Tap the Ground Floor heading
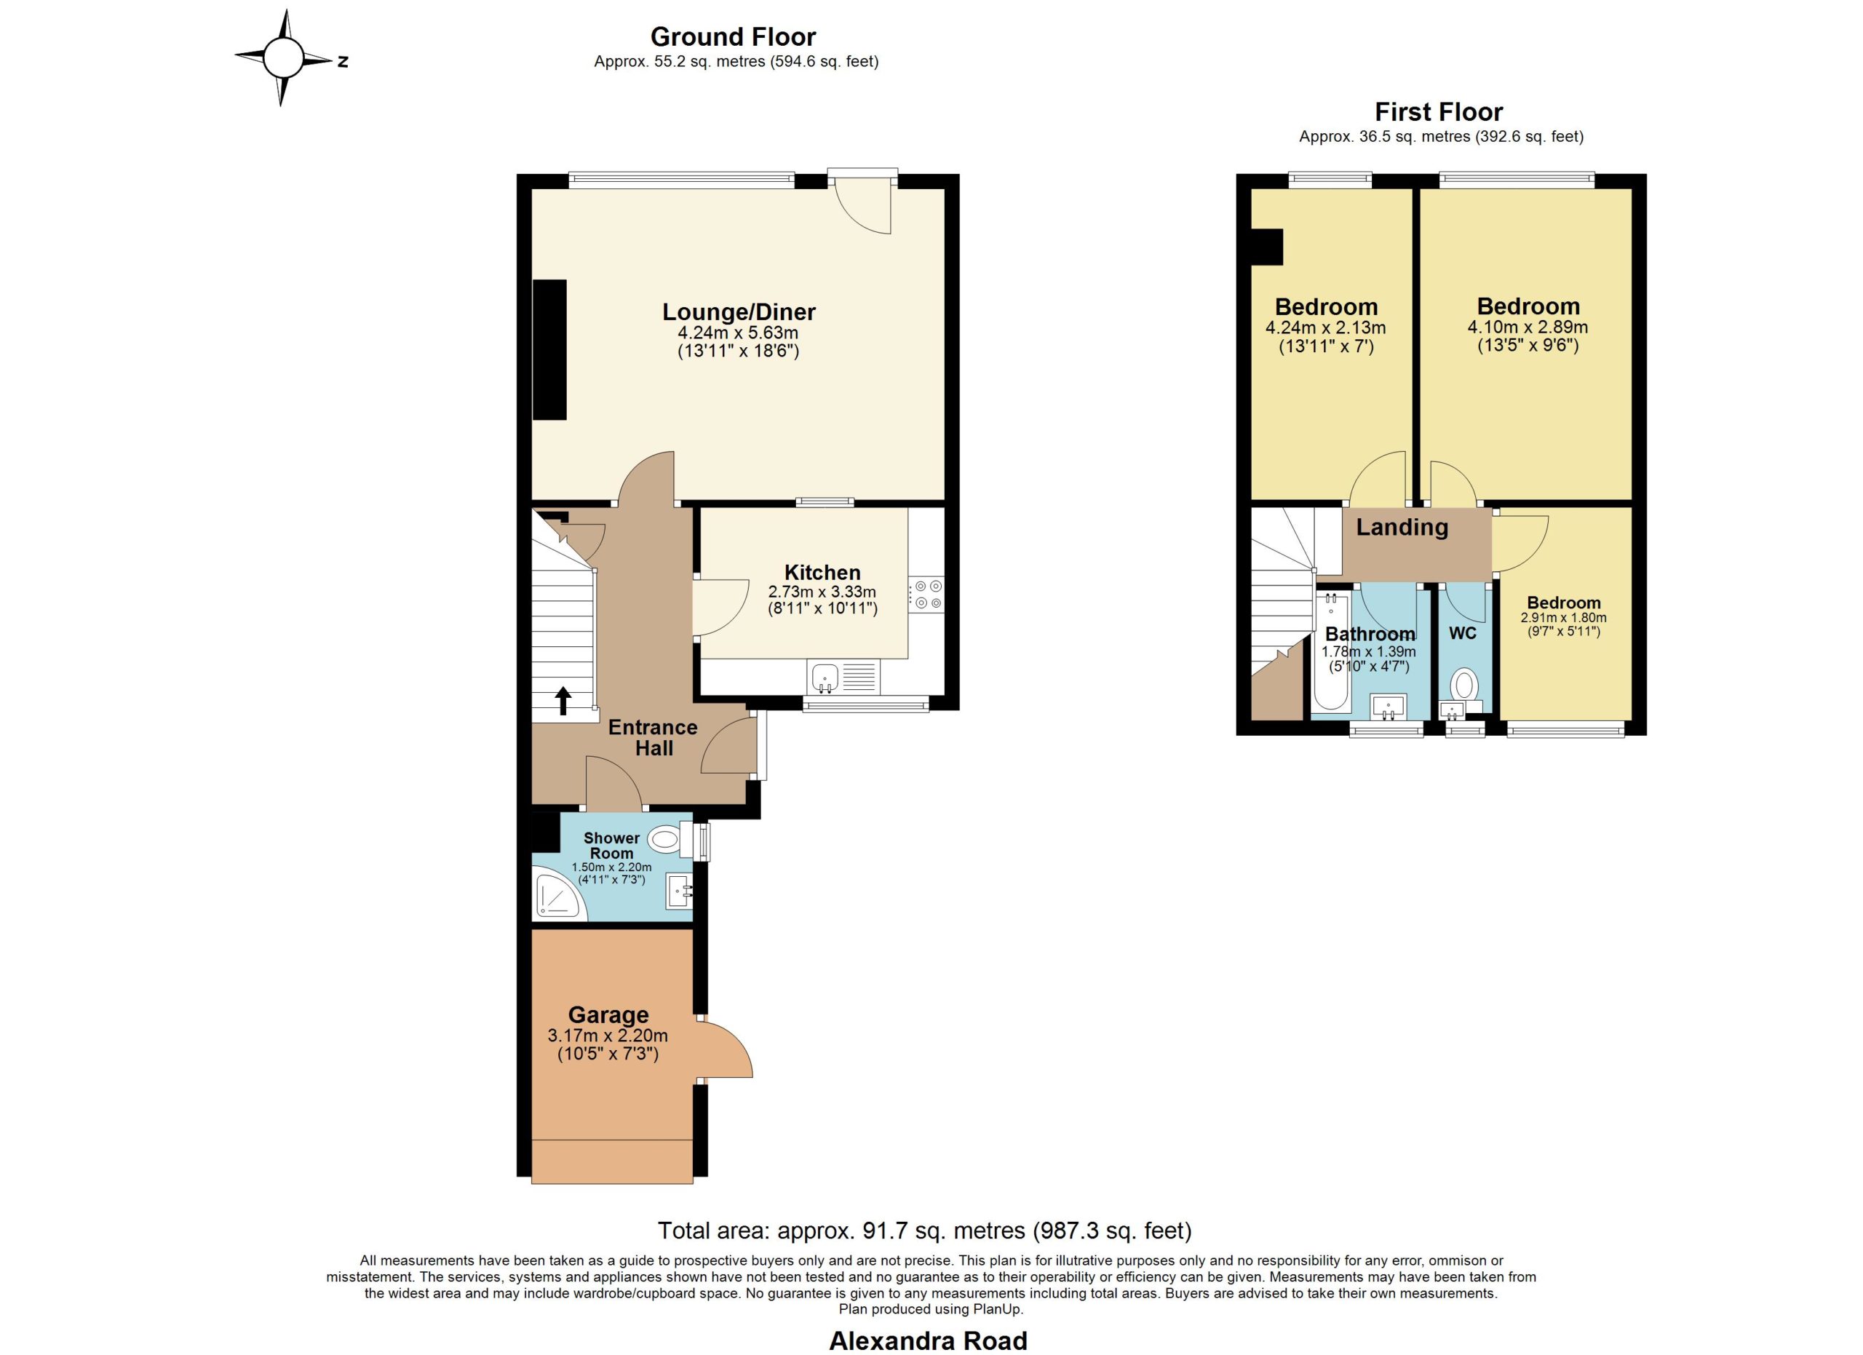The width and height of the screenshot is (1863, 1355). [x=733, y=37]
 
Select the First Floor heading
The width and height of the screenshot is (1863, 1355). [x=1439, y=111]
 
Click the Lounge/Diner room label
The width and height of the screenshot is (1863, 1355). [x=739, y=312]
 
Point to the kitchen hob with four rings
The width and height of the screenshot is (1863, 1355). [x=926, y=595]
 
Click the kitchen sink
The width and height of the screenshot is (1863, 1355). [x=825, y=677]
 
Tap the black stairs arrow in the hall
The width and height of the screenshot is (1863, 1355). [x=563, y=701]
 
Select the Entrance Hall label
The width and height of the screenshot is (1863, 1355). [x=653, y=737]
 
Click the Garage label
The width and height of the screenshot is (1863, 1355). [x=608, y=1015]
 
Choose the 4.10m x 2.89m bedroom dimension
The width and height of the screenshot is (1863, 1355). [x=1528, y=327]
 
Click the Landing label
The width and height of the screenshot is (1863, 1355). [x=1402, y=527]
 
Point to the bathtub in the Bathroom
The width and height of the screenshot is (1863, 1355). [x=1332, y=652]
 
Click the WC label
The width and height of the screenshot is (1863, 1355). [x=1463, y=633]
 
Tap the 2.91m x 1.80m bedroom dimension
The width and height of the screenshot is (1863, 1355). [x=1564, y=618]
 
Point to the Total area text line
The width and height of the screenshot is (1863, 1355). [x=925, y=1230]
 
